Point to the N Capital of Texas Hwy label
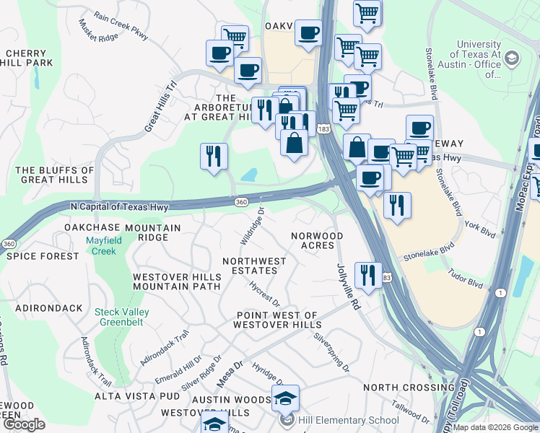tap(119, 206)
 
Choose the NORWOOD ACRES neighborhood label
tap(317, 240)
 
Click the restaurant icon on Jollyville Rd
tap(369, 276)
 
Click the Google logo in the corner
tap(25, 424)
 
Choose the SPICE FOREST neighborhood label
tap(40, 256)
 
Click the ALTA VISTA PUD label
tap(137, 396)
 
